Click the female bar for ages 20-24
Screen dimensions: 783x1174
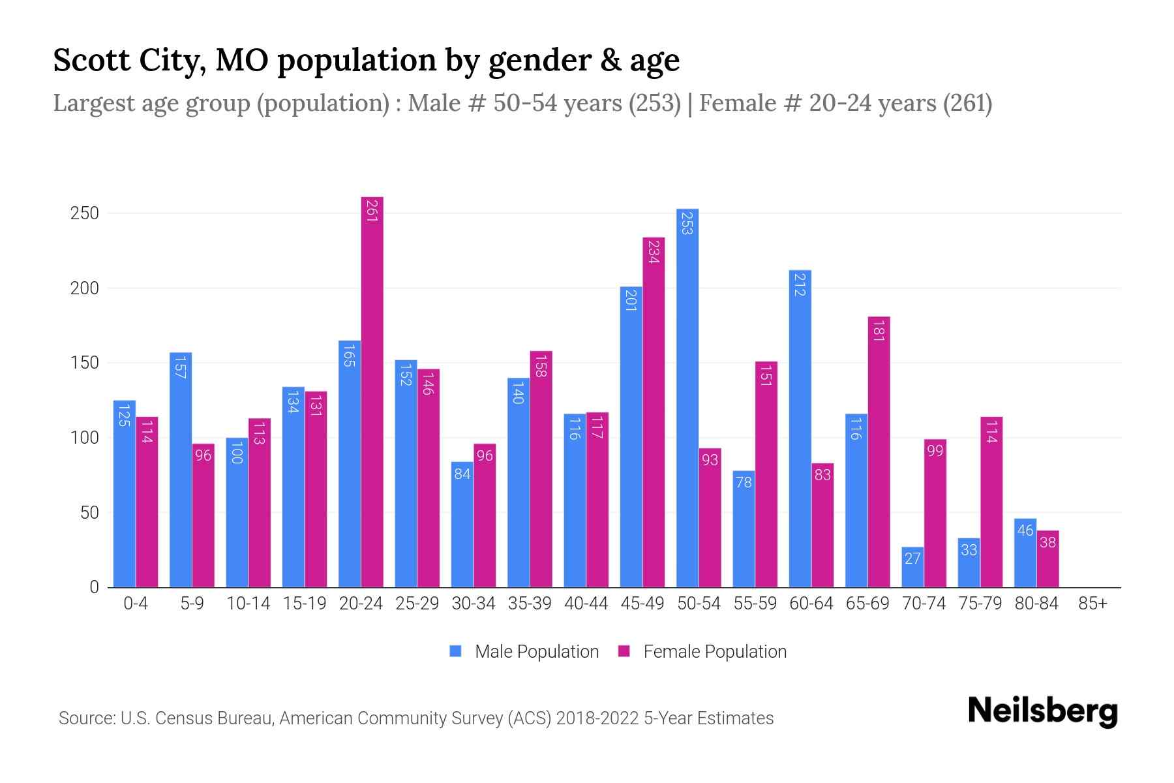click(x=372, y=391)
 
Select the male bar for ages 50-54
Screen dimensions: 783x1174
click(x=687, y=398)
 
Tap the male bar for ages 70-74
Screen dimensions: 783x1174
click(x=912, y=567)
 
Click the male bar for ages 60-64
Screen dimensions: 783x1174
click(x=800, y=428)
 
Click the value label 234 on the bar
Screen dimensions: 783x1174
click(x=654, y=251)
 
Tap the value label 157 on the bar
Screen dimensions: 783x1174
click(x=181, y=367)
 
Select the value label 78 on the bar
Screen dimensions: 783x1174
click(x=744, y=482)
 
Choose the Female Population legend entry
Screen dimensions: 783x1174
click(x=702, y=652)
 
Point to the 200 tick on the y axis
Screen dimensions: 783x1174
click(x=84, y=288)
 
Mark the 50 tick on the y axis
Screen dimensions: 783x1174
click(x=89, y=512)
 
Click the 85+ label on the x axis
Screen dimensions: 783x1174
click(x=1092, y=604)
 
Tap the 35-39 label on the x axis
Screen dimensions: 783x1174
click(x=530, y=604)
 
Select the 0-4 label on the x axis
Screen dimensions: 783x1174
click(x=136, y=604)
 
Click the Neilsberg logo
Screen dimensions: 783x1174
click(x=1042, y=711)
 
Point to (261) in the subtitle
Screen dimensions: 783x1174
click(x=967, y=103)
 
